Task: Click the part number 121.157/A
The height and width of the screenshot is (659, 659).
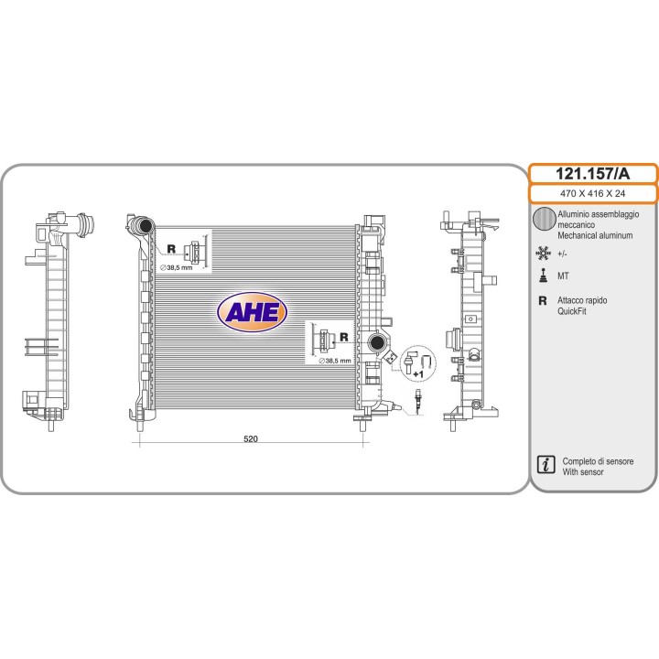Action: tap(592, 174)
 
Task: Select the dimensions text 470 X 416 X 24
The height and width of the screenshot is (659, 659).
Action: tap(592, 193)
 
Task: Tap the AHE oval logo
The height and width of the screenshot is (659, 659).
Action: tap(252, 312)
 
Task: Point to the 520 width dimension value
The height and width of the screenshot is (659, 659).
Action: tap(251, 438)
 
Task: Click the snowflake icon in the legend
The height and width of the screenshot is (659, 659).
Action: tap(543, 253)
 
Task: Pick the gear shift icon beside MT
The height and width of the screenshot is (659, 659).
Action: tap(543, 275)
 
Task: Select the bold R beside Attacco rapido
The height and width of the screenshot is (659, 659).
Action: tap(543, 300)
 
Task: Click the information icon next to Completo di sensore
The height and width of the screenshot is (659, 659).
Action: tap(546, 464)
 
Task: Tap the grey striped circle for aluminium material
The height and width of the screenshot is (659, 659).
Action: tap(545, 219)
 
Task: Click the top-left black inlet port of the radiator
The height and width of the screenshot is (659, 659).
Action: tap(145, 226)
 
